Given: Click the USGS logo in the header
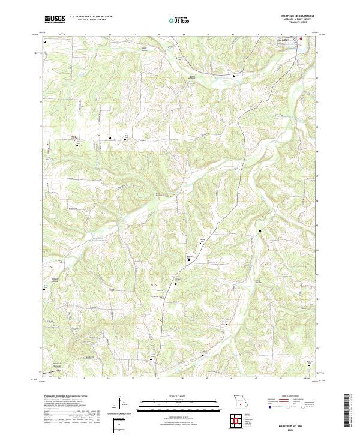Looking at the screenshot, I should tap(55, 19).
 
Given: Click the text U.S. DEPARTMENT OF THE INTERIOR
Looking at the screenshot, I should tap(91, 17).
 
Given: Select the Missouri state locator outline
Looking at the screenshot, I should tap(241, 400).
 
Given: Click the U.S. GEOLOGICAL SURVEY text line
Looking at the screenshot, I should tap(91, 20).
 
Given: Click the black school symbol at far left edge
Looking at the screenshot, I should tap(44, 290).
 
